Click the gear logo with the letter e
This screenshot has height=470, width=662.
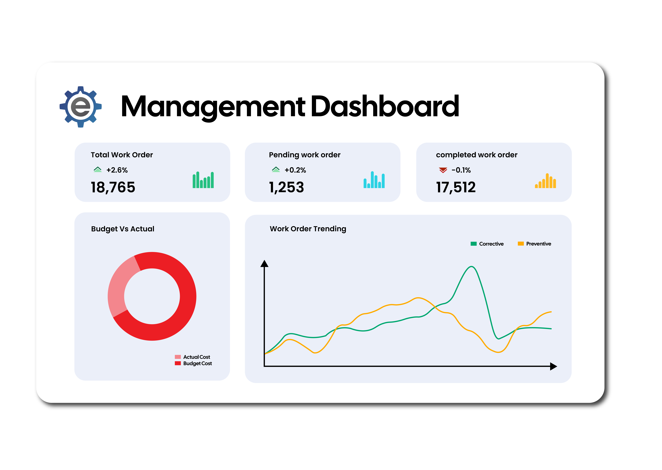coord(81,107)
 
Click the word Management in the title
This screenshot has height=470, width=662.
coord(213,107)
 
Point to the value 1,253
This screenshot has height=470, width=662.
coord(286,187)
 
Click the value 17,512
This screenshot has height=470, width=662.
coord(456,187)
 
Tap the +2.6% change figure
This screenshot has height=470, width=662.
coord(117,170)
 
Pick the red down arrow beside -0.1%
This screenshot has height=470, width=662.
coord(443,170)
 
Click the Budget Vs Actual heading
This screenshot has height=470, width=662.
coord(123,229)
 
